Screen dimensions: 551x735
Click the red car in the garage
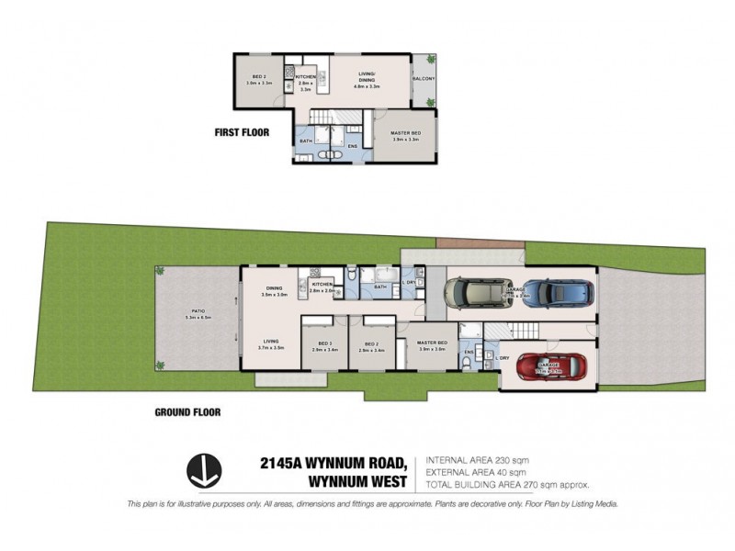point(551,368)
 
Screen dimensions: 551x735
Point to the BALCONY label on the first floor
point(424,79)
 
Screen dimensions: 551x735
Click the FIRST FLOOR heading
point(242,132)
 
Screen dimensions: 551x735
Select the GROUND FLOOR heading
point(187,412)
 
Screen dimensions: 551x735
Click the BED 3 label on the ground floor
point(324,345)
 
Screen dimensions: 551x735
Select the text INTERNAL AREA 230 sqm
point(478,458)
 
